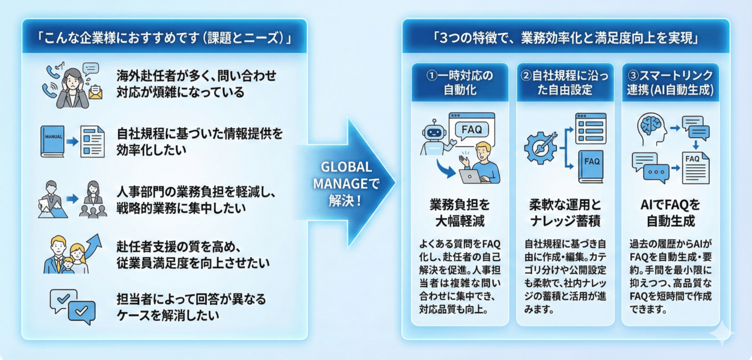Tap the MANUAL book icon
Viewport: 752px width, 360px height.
pyautogui.click(x=52, y=141)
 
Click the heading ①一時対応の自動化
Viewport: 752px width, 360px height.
pyautogui.click(x=460, y=83)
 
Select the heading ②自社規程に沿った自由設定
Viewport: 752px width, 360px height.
pyautogui.click(x=565, y=83)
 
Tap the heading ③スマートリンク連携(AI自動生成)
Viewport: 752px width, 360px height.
pyautogui.click(x=670, y=83)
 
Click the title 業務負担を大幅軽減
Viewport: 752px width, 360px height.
pyautogui.click(x=460, y=213)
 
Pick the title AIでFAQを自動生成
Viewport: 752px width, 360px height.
pyautogui.click(x=670, y=213)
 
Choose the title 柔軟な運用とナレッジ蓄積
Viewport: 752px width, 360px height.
pyautogui.click(x=565, y=213)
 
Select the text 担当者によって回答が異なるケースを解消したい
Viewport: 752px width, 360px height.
pyautogui.click(x=191, y=307)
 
